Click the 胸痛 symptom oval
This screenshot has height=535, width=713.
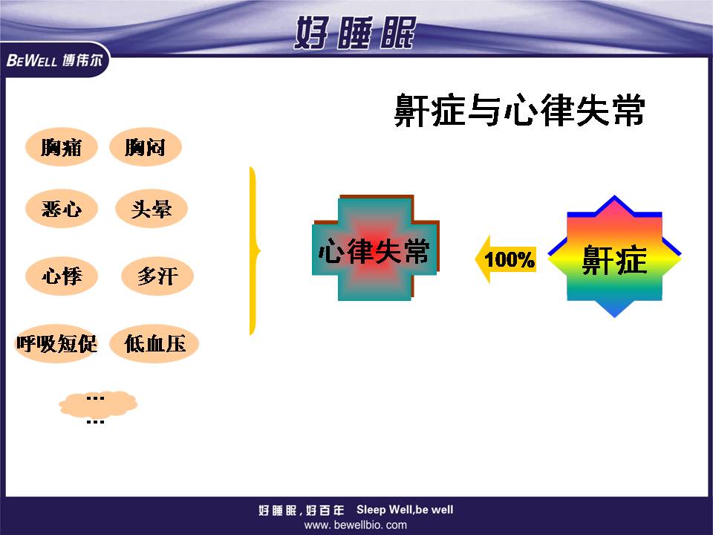click(x=62, y=146)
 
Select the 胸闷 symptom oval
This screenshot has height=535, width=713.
click(x=146, y=146)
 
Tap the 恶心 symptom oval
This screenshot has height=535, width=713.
click(x=62, y=208)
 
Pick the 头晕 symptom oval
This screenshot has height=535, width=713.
click(x=152, y=208)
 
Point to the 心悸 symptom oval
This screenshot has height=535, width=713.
click(x=62, y=276)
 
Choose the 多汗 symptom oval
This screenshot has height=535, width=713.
click(x=157, y=276)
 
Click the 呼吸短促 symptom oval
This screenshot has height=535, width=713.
click(x=57, y=343)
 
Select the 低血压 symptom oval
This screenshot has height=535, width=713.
click(x=154, y=343)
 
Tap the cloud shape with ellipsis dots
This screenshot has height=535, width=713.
click(x=98, y=404)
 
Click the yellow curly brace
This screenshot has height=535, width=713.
click(x=253, y=250)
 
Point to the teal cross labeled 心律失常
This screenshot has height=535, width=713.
click(x=376, y=248)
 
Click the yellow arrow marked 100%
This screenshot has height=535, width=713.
click(x=505, y=259)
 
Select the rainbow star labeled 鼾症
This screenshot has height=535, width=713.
click(x=614, y=256)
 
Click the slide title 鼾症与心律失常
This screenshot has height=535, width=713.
click(x=519, y=110)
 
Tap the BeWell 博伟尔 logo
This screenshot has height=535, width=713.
click(x=54, y=60)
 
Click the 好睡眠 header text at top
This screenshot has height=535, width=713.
click(x=355, y=32)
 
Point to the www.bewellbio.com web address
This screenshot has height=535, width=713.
click(x=356, y=525)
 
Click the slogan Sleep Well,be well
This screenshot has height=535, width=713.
click(x=405, y=510)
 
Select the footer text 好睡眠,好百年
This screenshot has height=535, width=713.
click(x=302, y=510)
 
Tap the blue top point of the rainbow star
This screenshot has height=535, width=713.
click(x=614, y=196)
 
